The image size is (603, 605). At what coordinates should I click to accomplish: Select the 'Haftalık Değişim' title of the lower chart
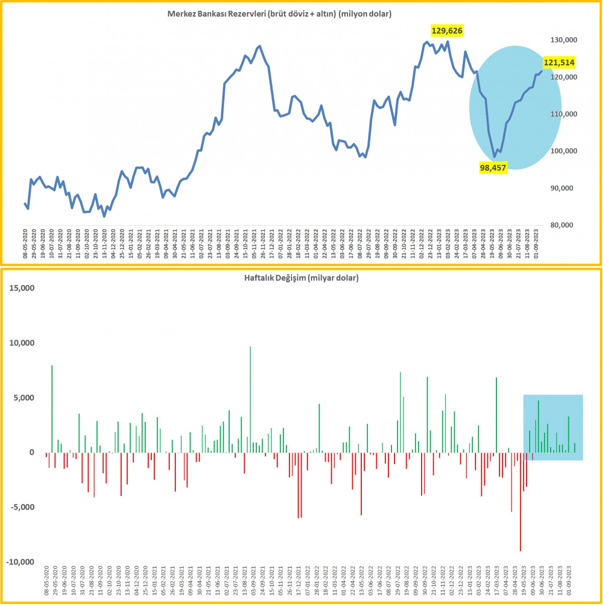(x=301, y=277)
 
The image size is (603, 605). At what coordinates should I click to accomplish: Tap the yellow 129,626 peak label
(x=447, y=31)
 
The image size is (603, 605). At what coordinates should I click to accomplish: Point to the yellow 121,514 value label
(x=559, y=63)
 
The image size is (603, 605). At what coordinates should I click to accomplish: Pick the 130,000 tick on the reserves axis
(x=558, y=40)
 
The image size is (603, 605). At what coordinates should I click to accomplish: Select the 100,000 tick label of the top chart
(x=558, y=151)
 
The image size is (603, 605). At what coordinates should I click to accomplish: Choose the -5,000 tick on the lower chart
(x=21, y=507)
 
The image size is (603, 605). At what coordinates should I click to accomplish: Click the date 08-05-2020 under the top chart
(x=26, y=243)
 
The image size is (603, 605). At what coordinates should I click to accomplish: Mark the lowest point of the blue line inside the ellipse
(x=494, y=157)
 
